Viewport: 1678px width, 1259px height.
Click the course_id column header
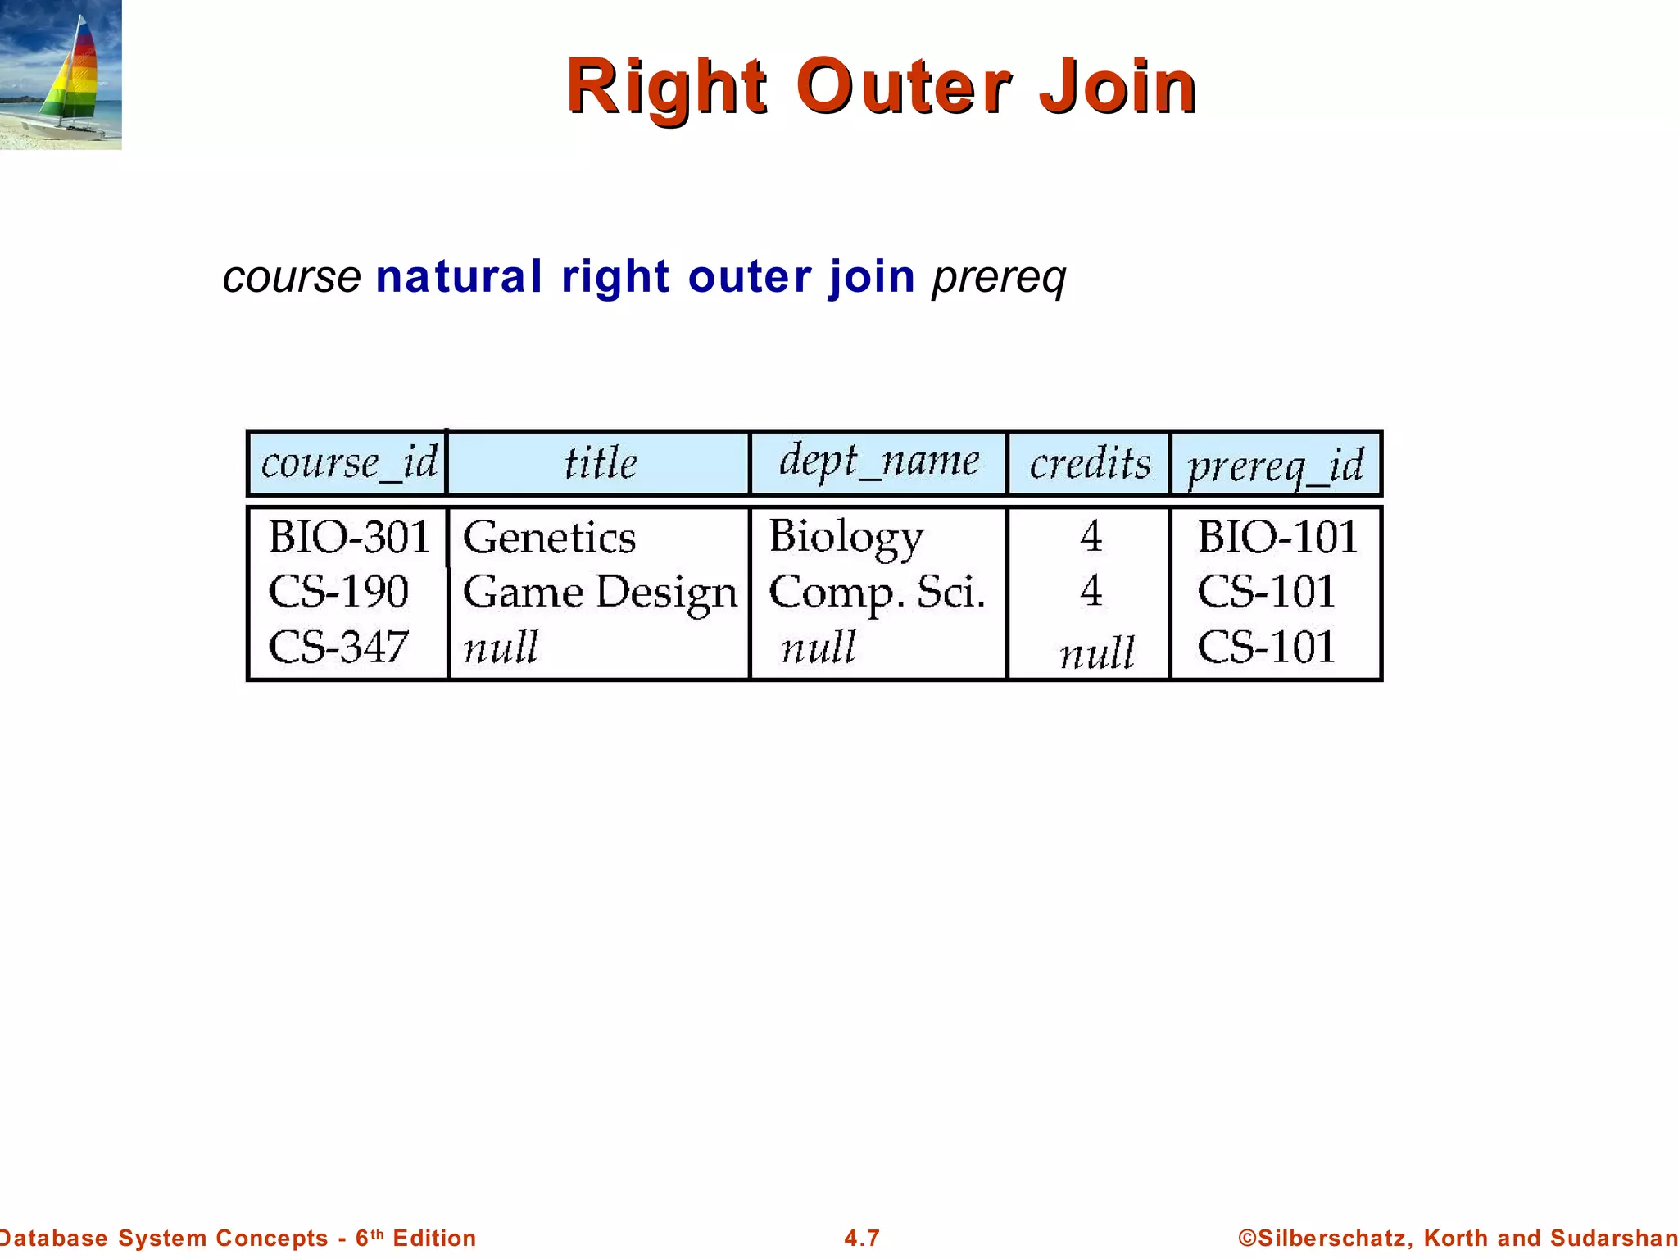(349, 464)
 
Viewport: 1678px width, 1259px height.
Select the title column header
(600, 464)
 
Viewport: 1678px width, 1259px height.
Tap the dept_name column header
(878, 461)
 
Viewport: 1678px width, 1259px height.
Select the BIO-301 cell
(349, 538)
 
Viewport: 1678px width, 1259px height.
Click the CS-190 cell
(338, 592)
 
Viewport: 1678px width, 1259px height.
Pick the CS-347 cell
(338, 647)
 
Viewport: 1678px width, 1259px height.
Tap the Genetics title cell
(549, 539)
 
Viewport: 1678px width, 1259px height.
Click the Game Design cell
(600, 593)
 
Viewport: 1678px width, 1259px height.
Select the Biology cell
(846, 538)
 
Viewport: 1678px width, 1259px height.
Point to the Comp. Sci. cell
(877, 593)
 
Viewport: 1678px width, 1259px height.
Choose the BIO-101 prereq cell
(1277, 538)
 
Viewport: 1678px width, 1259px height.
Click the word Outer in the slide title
(903, 87)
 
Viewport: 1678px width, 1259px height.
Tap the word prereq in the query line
(999, 278)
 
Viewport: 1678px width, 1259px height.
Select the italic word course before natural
(292, 278)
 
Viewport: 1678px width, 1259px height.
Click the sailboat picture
(61, 75)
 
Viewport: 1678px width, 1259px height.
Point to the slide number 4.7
(862, 1238)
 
